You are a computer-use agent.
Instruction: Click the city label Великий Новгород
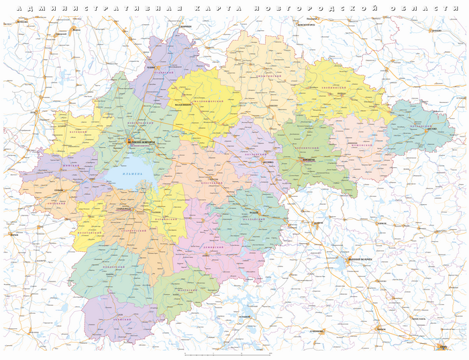tap(142, 142)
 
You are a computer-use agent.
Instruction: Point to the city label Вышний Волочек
tap(358, 259)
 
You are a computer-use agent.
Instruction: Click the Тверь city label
tap(442, 347)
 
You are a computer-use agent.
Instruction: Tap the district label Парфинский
tap(166, 220)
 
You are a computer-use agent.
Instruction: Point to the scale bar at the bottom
tap(221, 354)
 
